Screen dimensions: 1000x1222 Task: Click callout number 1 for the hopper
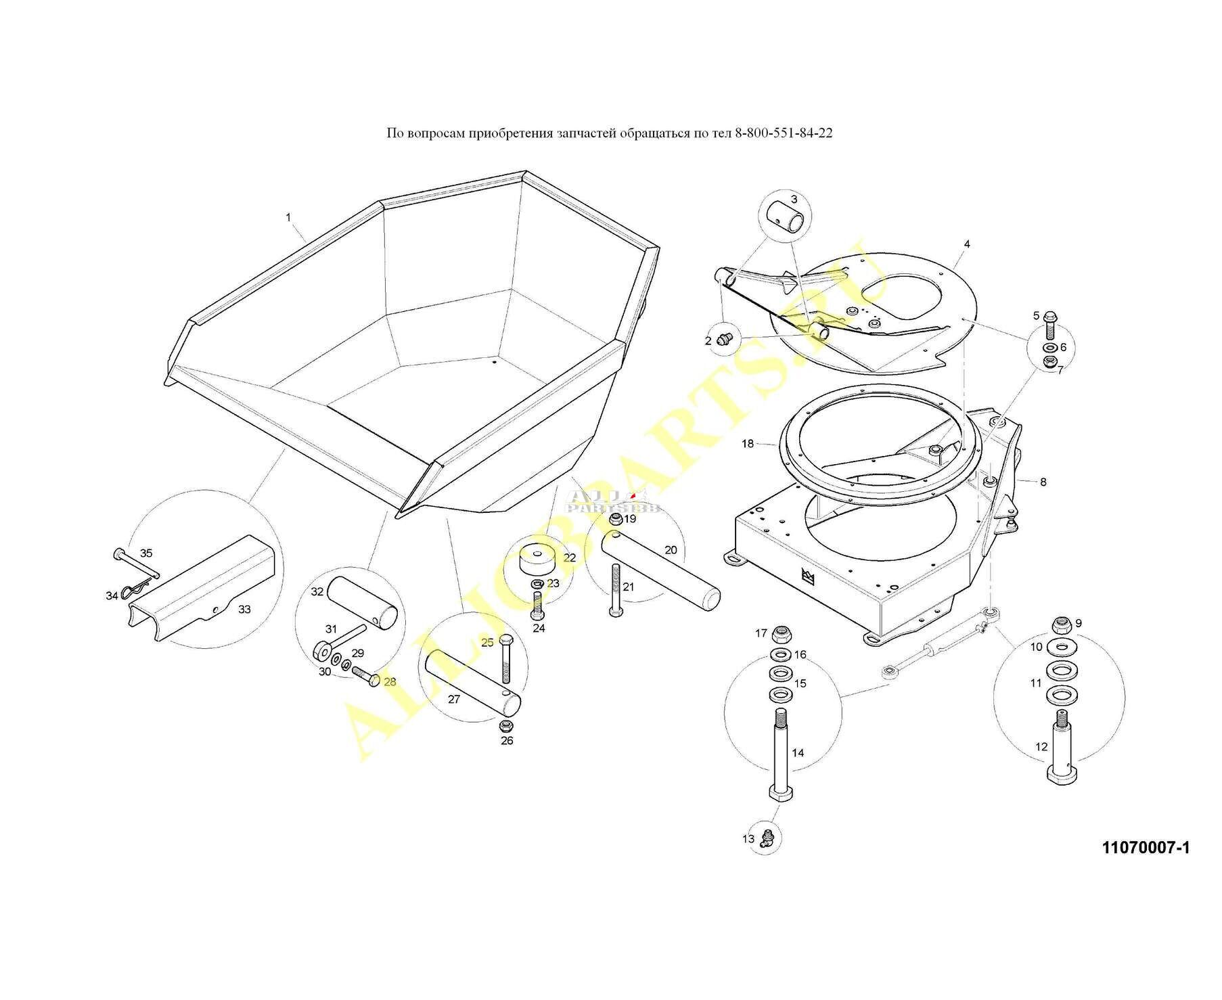click(288, 217)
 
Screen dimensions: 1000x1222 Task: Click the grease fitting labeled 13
click(767, 839)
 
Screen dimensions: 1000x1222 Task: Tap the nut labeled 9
click(1060, 624)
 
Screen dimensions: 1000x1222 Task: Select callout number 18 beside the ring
click(747, 444)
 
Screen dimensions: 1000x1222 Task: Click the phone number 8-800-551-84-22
click(784, 133)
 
